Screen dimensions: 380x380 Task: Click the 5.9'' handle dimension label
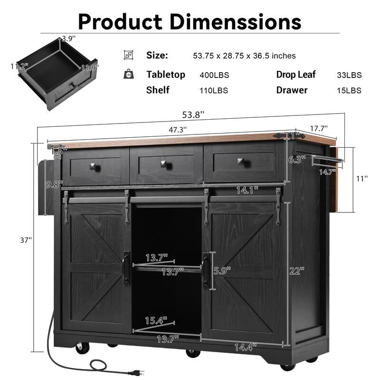[x=221, y=271]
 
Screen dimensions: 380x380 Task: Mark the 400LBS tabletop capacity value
[x=214, y=75]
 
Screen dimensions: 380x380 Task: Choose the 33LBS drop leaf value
[x=349, y=75]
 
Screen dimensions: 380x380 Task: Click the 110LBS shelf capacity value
[x=214, y=90]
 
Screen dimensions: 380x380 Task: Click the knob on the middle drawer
[x=166, y=165]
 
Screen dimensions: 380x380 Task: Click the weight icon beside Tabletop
[x=128, y=74]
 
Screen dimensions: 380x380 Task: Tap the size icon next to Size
[x=128, y=55]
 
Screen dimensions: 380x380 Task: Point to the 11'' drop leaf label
[x=362, y=179]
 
